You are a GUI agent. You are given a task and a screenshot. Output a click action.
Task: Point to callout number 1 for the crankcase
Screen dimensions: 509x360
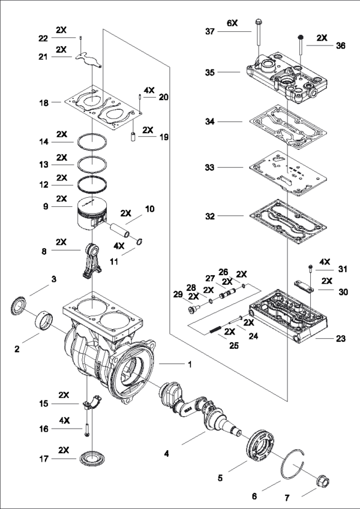[x=190, y=364]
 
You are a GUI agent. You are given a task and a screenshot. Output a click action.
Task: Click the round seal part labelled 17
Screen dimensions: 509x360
[x=91, y=460]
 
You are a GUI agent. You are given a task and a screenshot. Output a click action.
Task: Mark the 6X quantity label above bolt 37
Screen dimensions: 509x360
[x=232, y=22]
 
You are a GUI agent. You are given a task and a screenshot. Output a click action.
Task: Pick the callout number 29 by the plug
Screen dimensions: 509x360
[x=178, y=295]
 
